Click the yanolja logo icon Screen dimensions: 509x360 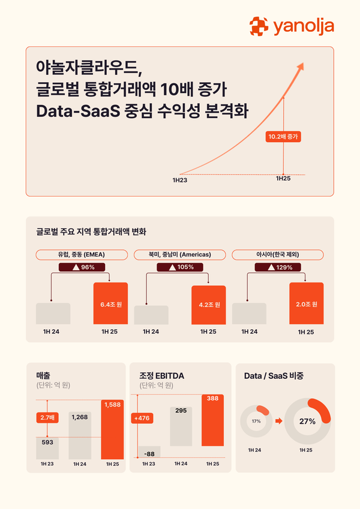tap(259, 26)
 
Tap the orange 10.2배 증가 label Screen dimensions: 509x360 tap(283, 137)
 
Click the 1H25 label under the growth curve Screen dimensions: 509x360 tap(283, 179)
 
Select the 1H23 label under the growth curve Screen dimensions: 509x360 tap(179, 179)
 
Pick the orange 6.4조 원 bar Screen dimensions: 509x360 tap(111, 303)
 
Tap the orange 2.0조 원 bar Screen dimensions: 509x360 tap(306, 303)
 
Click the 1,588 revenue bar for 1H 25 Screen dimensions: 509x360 tap(112, 429)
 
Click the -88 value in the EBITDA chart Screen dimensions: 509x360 tap(149, 454)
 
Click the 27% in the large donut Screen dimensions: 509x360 tap(308, 421)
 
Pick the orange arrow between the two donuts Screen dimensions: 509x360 tap(278, 421)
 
